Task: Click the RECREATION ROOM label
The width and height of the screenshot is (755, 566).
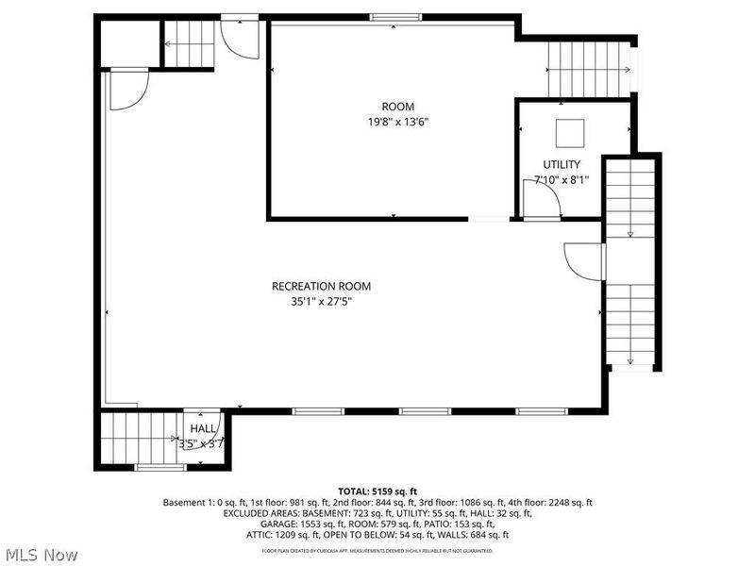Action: point(321,286)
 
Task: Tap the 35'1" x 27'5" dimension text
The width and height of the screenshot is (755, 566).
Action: point(321,302)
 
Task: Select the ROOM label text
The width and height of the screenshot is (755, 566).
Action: point(397,107)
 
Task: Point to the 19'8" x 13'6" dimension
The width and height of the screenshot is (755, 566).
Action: point(397,122)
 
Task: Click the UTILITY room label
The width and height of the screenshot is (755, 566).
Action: point(562,164)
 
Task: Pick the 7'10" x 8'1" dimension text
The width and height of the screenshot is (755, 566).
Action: point(562,180)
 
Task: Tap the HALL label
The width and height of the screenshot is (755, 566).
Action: point(203,428)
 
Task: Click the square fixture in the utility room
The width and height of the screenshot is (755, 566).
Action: point(569,133)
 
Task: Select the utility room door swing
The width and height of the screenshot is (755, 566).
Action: point(540,200)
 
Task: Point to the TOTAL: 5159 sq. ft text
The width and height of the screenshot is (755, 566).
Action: point(377,491)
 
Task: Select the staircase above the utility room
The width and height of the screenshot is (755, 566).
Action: point(588,69)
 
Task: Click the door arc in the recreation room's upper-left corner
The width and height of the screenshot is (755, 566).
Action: point(127,89)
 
